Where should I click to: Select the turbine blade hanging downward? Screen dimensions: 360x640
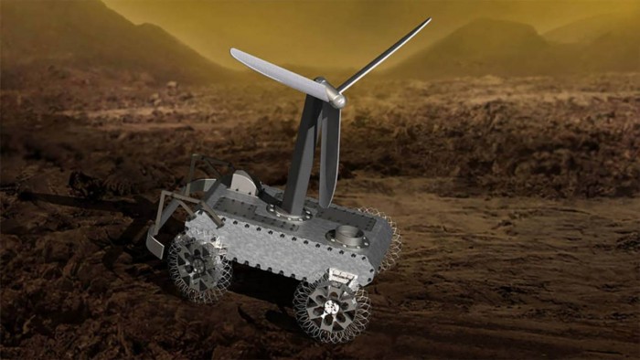pyautogui.click(x=329, y=155)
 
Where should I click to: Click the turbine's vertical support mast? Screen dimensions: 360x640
pyautogui.click(x=303, y=164)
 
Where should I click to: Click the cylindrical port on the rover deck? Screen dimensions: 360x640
pyautogui.click(x=348, y=235)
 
